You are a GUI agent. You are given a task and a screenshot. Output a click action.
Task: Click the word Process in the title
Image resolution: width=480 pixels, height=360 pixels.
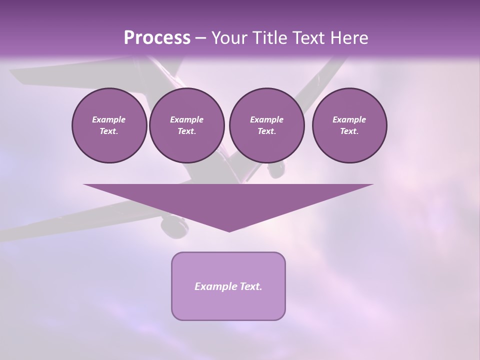click(x=157, y=38)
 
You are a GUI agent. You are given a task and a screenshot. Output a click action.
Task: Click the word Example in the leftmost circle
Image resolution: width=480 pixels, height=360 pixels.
click(x=109, y=119)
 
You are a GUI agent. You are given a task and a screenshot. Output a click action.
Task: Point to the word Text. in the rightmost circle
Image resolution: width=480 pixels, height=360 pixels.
click(x=349, y=131)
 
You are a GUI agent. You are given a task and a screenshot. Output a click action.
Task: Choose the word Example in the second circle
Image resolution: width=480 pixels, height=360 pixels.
click(x=186, y=119)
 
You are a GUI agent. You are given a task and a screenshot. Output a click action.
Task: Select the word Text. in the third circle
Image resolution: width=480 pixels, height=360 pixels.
click(x=266, y=131)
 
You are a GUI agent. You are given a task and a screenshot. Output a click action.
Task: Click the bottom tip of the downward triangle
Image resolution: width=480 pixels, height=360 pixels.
click(x=229, y=231)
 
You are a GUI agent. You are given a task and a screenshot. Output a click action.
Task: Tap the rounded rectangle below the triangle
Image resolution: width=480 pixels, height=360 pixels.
click(x=228, y=305)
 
